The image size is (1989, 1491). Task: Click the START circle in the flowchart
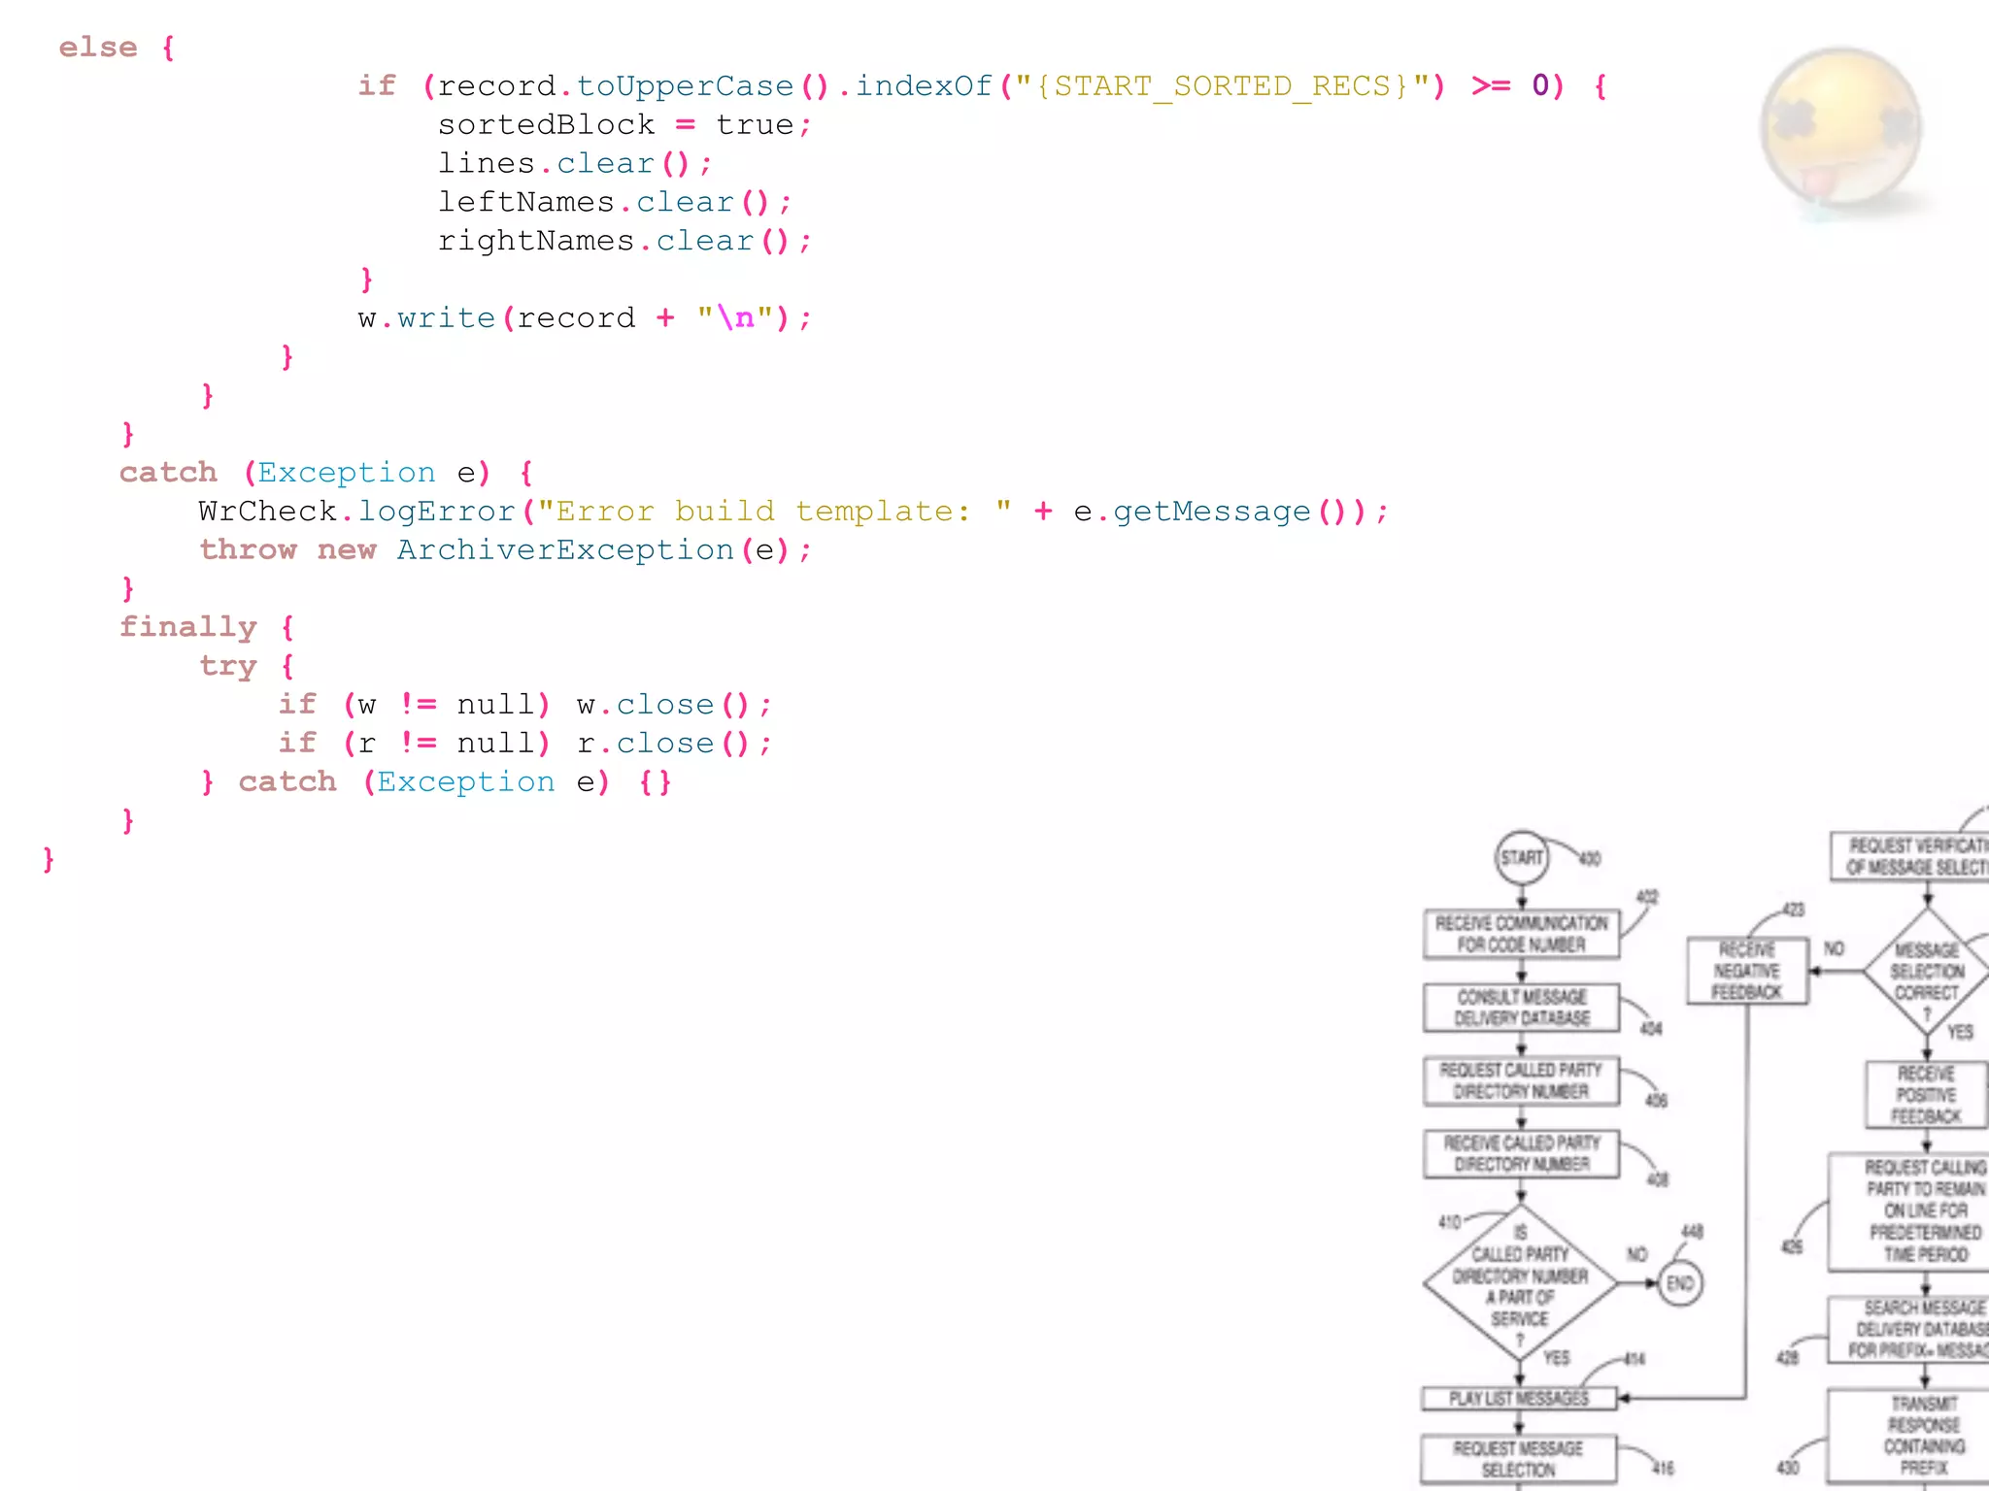coord(1521,857)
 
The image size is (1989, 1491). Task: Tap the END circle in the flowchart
coord(1679,1283)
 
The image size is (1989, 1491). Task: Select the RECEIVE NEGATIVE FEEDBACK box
coord(1747,971)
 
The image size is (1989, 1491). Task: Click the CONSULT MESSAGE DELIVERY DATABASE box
coord(1521,1008)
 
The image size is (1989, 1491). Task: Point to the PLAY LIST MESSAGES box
coord(1519,1398)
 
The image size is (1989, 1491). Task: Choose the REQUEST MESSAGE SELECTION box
coord(1518,1459)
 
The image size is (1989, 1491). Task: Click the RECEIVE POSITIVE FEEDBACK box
coord(1926,1094)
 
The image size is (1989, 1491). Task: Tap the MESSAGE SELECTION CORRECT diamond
coord(1927,971)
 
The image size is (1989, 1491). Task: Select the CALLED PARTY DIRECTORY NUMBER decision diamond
coord(1520,1283)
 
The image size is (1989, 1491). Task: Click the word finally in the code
coord(187,627)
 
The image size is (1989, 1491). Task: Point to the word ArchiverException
coord(565,550)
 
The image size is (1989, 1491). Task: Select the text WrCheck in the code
coord(267,512)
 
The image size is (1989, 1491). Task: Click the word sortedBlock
coord(546,125)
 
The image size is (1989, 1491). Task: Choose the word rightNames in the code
coord(535,241)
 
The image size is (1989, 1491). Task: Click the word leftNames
coord(525,202)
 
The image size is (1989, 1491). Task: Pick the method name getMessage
coord(1211,512)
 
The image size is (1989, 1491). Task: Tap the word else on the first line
coord(98,48)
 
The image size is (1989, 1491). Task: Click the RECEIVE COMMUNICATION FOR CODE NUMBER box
coord(1521,934)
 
